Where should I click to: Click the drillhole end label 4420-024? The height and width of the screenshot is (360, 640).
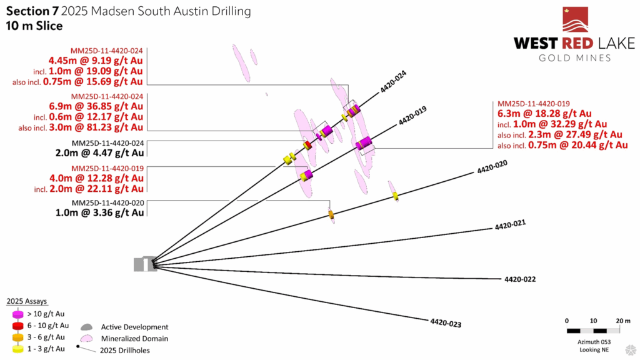(x=393, y=82)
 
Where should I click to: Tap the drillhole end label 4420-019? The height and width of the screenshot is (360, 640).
(x=412, y=116)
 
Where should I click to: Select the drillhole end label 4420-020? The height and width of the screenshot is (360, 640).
(x=492, y=167)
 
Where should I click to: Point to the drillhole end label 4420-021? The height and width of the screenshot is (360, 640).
(x=510, y=225)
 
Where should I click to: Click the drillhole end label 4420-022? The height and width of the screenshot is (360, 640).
(x=520, y=279)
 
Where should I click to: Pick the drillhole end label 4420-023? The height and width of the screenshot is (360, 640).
(x=446, y=323)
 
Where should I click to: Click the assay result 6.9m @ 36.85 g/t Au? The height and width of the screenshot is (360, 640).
(x=96, y=106)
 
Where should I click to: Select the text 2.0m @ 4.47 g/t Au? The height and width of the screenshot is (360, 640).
(x=99, y=153)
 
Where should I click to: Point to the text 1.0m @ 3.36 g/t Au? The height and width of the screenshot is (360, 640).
(x=99, y=212)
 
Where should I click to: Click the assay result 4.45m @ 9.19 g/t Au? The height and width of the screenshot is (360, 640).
(x=96, y=61)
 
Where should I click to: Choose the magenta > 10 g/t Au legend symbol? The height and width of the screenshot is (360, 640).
(x=18, y=314)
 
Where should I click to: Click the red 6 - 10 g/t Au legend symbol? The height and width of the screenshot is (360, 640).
(x=18, y=326)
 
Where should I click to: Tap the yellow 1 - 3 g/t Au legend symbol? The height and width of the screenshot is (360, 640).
(x=18, y=349)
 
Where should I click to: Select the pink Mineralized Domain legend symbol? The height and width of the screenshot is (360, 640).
(x=86, y=338)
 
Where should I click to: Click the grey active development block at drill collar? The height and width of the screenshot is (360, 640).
(x=145, y=264)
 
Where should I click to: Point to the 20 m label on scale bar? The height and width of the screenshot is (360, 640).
(x=623, y=321)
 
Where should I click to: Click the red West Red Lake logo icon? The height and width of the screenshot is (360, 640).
(x=576, y=19)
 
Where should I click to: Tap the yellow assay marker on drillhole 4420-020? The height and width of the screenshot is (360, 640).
(x=396, y=196)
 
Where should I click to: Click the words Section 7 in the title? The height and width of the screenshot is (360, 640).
(x=32, y=11)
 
